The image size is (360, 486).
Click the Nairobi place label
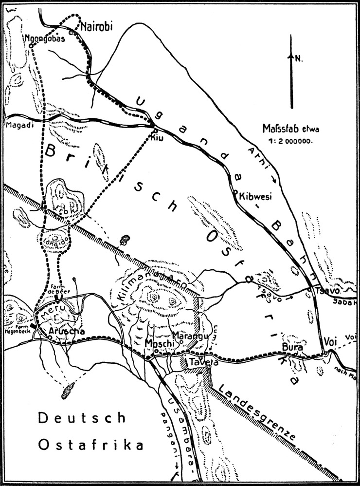(x=96, y=26)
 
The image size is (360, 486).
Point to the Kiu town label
(x=157, y=137)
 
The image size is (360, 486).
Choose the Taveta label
(x=195, y=362)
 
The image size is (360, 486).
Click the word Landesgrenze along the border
(x=258, y=413)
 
